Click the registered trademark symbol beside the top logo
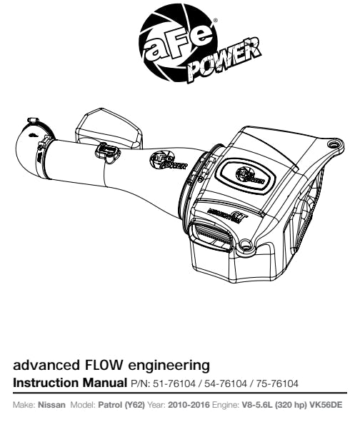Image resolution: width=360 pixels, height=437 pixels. tap(215, 20)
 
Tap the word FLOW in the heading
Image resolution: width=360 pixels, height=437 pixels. tap(103, 365)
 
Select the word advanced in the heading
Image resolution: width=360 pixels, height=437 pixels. tap(46, 365)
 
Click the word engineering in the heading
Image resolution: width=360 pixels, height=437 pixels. tap(169, 366)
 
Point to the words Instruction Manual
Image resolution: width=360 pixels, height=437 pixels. tap(70, 383)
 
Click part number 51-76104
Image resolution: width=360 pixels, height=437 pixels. tap(174, 383)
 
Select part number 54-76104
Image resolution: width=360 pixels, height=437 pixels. tap(225, 383)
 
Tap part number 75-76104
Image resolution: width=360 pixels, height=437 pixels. tap(277, 383)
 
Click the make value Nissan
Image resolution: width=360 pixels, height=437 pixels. tap(51, 405)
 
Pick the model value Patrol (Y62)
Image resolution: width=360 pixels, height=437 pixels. tap(121, 405)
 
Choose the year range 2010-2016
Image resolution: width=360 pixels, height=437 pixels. tap(189, 405)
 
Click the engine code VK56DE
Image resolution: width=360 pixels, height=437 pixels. tap(326, 405)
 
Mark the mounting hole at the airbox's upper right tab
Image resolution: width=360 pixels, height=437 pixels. tap(332, 144)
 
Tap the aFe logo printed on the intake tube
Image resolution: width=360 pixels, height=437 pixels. tap(168, 161)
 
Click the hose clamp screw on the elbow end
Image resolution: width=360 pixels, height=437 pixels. tap(32, 121)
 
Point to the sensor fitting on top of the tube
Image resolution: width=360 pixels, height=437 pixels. tap(107, 152)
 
